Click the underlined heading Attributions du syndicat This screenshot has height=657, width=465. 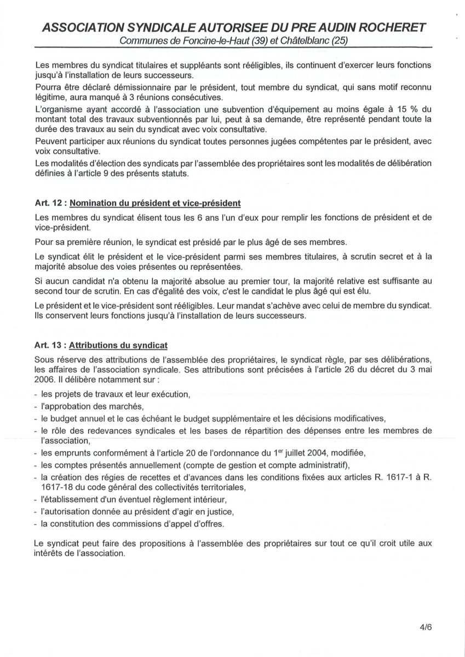(118, 345)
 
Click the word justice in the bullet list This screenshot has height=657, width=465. (220, 512)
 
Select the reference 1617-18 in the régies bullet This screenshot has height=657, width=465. (58, 487)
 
